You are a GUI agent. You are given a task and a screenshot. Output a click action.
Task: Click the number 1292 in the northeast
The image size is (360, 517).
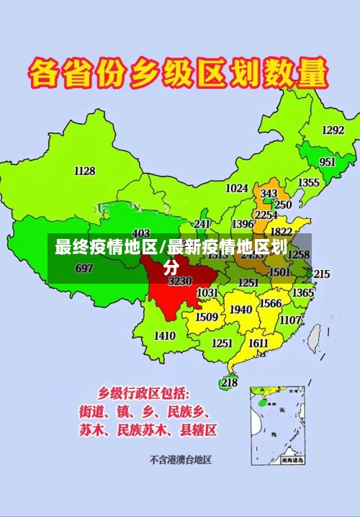pyautogui.click(x=333, y=130)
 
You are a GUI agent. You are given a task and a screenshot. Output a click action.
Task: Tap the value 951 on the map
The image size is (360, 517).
pyautogui.click(x=327, y=162)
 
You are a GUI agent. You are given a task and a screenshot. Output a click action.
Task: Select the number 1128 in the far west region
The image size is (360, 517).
pyautogui.click(x=84, y=171)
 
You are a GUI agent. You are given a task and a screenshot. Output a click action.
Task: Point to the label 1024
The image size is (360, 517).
pyautogui.click(x=237, y=188)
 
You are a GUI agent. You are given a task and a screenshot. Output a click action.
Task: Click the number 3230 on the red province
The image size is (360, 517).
pyautogui.click(x=180, y=281)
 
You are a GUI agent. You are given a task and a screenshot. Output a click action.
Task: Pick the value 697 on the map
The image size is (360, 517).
pyautogui.click(x=84, y=269)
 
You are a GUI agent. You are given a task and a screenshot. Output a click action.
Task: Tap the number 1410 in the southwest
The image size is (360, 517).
pyautogui.click(x=165, y=335)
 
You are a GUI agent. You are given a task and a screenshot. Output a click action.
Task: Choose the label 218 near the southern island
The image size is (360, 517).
pyautogui.click(x=229, y=382)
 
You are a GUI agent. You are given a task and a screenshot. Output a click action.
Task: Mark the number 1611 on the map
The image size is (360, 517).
pyautogui.click(x=258, y=343)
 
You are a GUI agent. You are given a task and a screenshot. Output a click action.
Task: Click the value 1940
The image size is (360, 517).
pyautogui.click(x=240, y=310)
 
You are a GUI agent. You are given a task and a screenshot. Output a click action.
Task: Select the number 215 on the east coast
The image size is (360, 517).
pyautogui.click(x=321, y=274)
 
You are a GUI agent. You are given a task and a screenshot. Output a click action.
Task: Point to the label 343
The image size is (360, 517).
pyautogui.click(x=269, y=194)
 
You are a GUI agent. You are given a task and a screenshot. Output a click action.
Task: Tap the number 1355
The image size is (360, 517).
pyautogui.click(x=309, y=183)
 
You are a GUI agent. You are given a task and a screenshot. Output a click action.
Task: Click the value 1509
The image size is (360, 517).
pyautogui.click(x=207, y=317)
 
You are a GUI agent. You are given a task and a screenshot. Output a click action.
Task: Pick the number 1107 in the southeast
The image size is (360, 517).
pyautogui.click(x=290, y=320)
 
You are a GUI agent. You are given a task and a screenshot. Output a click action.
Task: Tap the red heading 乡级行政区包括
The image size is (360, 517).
pyautogui.click(x=144, y=394)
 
